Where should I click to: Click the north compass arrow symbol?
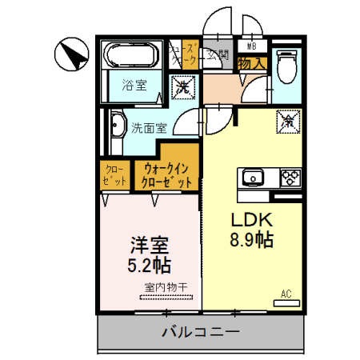coord(70,54)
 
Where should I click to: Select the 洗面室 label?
coord(150,126)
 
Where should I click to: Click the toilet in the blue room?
coord(286,66)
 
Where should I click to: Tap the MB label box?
coord(251,46)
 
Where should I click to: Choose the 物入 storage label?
coord(252,62)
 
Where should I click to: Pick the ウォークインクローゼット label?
coord(167,175)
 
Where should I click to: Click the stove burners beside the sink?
coord(287,176)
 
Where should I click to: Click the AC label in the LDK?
coord(286,294)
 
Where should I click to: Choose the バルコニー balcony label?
coord(200,330)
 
